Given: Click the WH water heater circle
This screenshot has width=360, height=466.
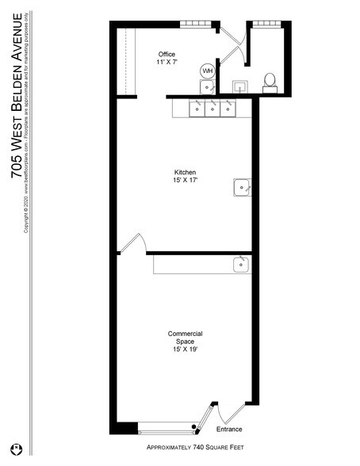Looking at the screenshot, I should (x=208, y=71).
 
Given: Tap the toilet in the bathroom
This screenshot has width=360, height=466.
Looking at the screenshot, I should (x=270, y=82).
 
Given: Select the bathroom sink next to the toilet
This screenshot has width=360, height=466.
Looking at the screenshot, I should (x=237, y=85).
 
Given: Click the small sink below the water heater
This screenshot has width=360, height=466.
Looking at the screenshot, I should (x=207, y=86).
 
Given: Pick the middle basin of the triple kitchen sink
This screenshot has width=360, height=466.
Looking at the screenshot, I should (x=211, y=107).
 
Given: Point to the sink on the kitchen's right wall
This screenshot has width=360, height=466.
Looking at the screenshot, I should (x=241, y=187).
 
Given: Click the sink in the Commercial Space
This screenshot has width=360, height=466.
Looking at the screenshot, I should (x=241, y=265).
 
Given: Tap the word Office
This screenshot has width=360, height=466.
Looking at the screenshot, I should (x=167, y=54).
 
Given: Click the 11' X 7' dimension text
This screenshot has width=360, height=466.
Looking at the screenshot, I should (x=167, y=62).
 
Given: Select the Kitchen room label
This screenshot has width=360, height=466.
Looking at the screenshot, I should (x=186, y=172).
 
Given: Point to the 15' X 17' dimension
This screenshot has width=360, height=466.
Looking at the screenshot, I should (x=186, y=181).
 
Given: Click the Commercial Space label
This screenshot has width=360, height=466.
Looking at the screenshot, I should (x=186, y=338).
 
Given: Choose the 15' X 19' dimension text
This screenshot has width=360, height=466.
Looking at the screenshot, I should (x=186, y=350).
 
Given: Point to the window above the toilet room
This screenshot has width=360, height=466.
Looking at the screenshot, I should (x=266, y=24).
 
